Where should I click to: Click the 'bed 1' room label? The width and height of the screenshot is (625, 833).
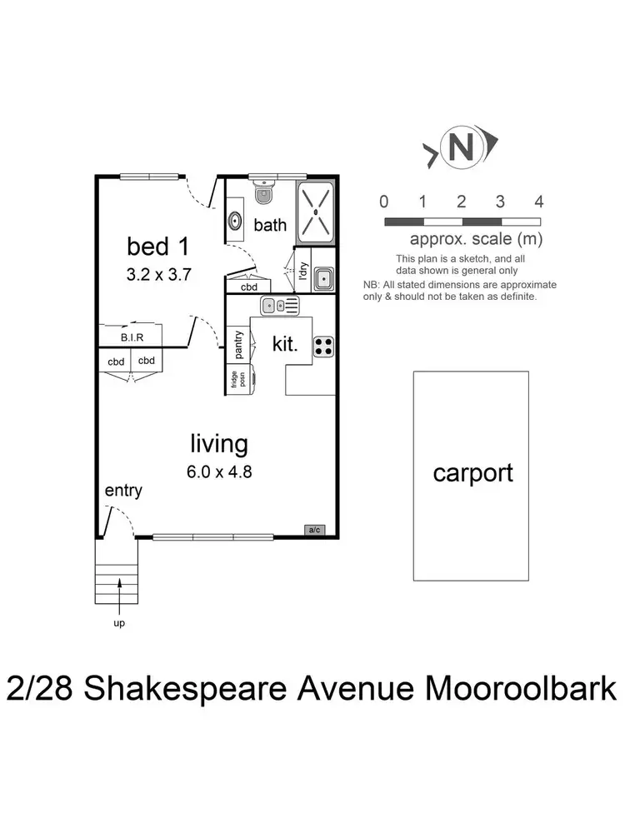157,247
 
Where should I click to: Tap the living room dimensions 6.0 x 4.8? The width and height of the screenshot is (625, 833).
219,471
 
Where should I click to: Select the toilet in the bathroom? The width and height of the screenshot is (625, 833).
264,193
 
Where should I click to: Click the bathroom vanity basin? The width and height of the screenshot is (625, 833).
236,222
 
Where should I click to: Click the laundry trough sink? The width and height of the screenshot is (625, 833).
323,279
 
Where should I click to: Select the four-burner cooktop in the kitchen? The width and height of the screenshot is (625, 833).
323,346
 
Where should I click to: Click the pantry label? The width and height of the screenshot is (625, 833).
238,344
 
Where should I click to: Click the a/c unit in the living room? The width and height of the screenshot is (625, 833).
315,529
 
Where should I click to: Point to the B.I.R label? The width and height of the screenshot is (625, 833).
133,337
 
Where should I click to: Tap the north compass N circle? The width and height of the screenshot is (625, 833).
460,148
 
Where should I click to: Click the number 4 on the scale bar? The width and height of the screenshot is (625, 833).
539,202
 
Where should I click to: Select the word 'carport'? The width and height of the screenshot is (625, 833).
472,473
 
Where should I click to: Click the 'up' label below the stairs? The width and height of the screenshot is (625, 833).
120,623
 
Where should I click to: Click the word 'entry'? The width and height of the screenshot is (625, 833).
123,491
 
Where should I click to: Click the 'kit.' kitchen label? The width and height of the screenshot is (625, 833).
285,344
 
